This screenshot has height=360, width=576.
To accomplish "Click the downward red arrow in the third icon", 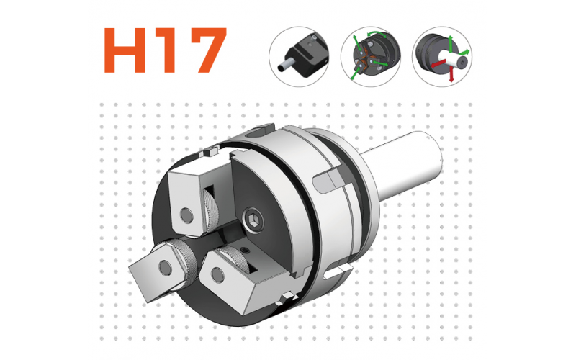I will pyautogui.click(x=451, y=74).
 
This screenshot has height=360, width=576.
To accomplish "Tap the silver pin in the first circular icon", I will pyautogui.click(x=284, y=67).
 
